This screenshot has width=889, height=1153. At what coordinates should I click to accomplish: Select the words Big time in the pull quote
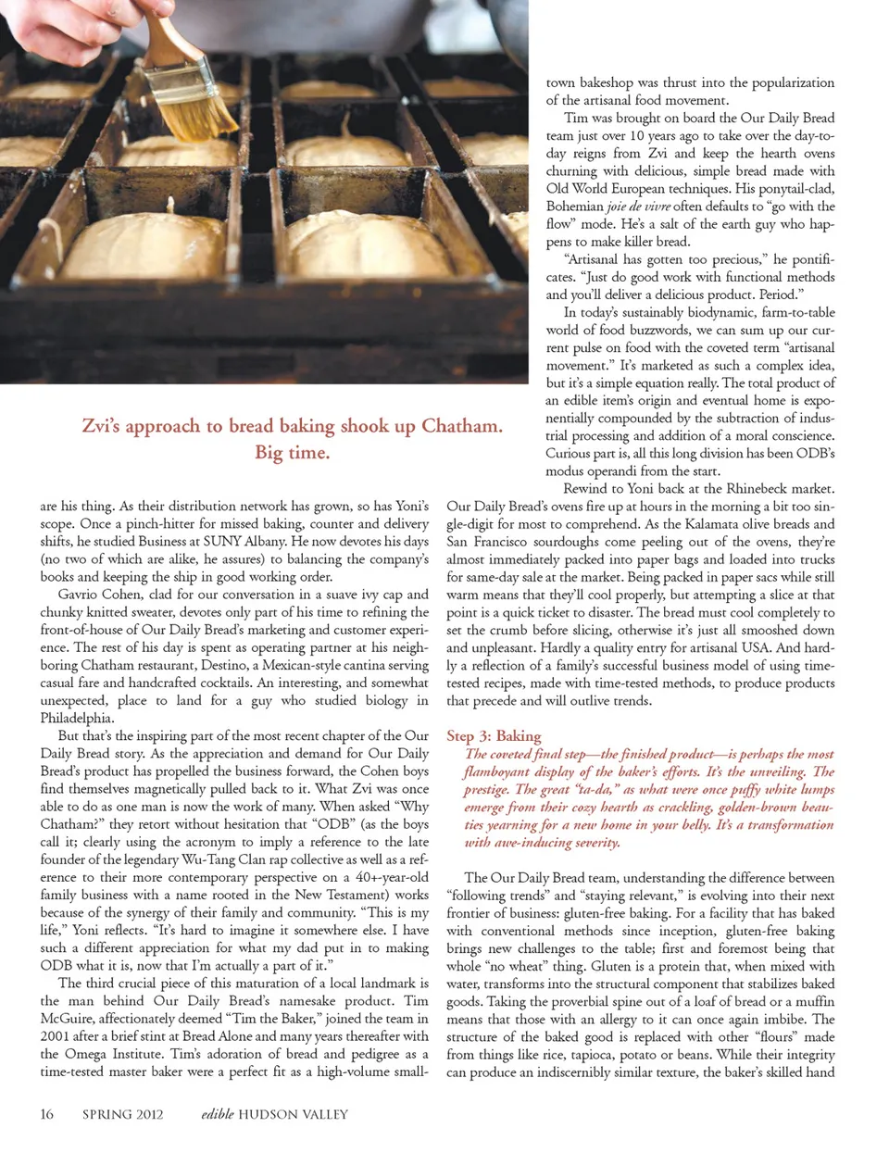click(292, 453)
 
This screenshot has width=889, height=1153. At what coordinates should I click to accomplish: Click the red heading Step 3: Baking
click(494, 735)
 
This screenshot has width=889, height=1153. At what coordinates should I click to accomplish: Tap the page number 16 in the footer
click(46, 1114)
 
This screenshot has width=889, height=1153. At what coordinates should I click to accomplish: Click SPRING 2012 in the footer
click(122, 1114)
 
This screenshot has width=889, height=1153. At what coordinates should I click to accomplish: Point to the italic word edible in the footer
click(217, 1114)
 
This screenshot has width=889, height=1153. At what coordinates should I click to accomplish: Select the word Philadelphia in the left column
click(77, 718)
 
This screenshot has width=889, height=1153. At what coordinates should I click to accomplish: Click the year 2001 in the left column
click(56, 1036)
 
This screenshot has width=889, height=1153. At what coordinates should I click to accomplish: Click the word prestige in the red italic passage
click(486, 790)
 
